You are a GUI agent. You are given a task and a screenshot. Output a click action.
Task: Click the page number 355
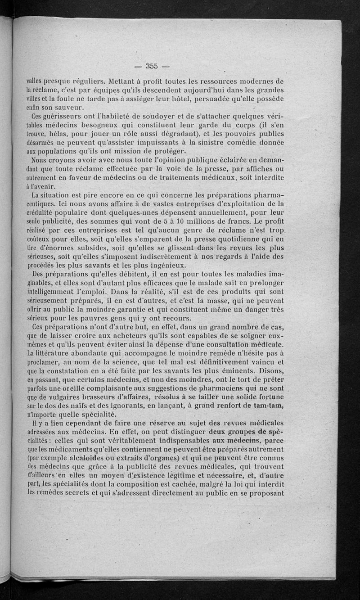(x=151, y=66)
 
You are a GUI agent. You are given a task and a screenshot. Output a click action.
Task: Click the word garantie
(x=158, y=310)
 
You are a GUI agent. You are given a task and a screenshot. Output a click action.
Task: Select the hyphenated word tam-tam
(x=268, y=406)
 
